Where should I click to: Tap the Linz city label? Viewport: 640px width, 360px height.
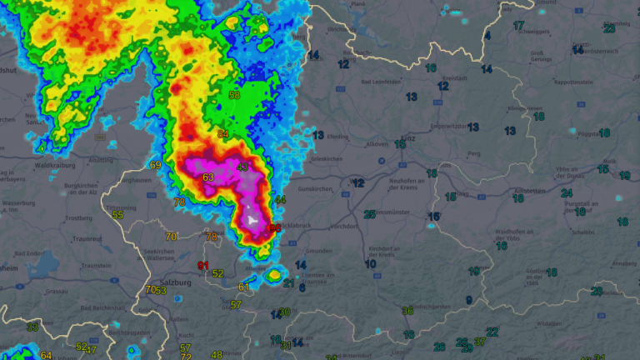(x=407, y=138)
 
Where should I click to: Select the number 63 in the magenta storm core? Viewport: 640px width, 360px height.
(x=208, y=177)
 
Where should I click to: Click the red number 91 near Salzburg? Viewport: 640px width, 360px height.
(x=202, y=266)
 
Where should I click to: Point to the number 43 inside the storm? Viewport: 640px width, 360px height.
(x=242, y=167)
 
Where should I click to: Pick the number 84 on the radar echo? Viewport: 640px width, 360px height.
(x=222, y=134)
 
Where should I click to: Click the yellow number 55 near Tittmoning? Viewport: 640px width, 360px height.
(x=118, y=215)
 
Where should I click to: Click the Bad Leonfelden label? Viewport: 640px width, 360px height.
(x=381, y=82)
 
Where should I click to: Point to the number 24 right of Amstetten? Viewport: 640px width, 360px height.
(x=567, y=193)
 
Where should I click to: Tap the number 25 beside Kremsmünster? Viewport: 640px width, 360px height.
(x=369, y=214)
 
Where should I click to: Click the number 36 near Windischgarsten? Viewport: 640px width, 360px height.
(x=407, y=311)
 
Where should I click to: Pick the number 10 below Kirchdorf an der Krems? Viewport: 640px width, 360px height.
(x=370, y=264)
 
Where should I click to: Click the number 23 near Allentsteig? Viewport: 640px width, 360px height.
(x=609, y=28)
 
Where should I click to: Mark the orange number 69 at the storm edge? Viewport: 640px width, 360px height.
(x=155, y=165)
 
